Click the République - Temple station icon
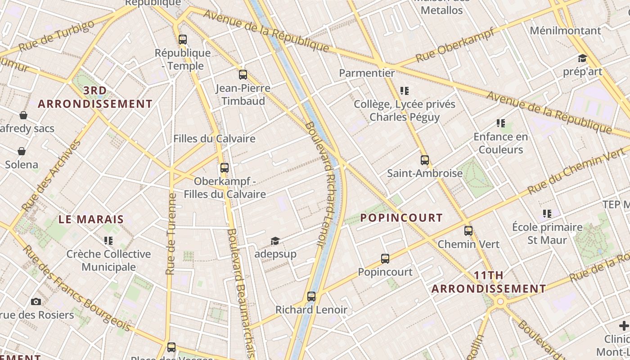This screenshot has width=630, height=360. coord(182,39)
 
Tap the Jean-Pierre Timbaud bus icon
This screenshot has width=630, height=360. coord(243,74)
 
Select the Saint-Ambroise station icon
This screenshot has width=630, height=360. coord(424,160)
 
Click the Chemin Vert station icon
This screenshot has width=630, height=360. coord(468,231)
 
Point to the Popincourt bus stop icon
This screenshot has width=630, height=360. coord(385,259)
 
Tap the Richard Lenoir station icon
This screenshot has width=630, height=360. coord(311,297)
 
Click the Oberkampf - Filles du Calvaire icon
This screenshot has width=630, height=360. coord(224,168)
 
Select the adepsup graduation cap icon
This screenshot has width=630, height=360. coord(275,241)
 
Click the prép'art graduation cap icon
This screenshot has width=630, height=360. coord(582,58)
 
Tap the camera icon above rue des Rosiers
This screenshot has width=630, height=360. coord(36,301)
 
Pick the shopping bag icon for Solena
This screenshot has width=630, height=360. coord(21,151)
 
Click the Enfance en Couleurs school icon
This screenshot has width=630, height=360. coord(500,123)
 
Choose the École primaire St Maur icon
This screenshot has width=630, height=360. coord(547,214)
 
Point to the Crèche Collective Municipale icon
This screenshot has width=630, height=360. coord(108,241)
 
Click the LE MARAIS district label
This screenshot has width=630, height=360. coord(91,220)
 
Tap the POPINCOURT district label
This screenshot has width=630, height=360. coord(401,218)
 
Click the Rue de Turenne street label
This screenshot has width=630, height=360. coord(171,234)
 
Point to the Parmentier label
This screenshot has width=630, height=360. coord(367,73)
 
